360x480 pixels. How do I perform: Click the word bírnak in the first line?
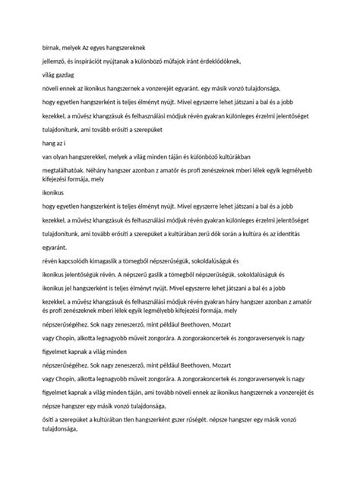pyautogui.click(x=52, y=47)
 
